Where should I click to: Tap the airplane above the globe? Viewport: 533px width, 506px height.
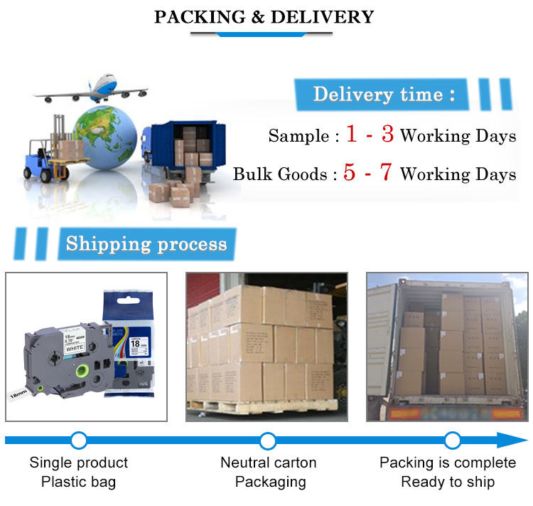(x=92, y=89)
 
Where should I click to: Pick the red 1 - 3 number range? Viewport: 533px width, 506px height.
(x=369, y=134)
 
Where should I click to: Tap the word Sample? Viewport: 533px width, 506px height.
(x=298, y=135)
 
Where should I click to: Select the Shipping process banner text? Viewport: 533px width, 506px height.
(x=146, y=244)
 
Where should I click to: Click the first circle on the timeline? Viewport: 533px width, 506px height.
(x=79, y=440)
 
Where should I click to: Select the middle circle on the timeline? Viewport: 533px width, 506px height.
(x=267, y=440)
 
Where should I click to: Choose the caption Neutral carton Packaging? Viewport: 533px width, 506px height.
(x=268, y=472)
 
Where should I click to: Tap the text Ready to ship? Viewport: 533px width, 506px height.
(x=448, y=482)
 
